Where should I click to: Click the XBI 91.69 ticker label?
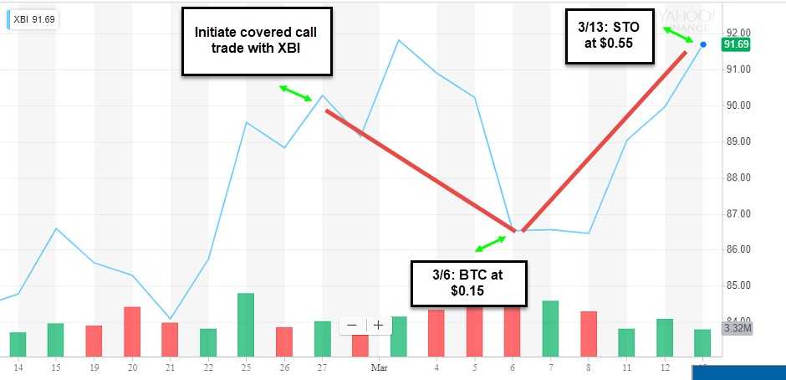[32, 18]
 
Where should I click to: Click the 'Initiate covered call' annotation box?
[256, 39]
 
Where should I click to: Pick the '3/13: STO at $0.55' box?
[609, 35]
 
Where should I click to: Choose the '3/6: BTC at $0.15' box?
[468, 281]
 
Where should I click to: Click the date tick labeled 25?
[246, 366]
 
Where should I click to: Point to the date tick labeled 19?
[93, 366]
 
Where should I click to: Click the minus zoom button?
[352, 325]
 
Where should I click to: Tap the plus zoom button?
[378, 325]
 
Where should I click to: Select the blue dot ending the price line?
[703, 44]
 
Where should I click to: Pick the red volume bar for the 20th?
[132, 331]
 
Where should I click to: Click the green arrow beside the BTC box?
[491, 244]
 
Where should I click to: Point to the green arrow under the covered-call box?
[295, 93]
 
